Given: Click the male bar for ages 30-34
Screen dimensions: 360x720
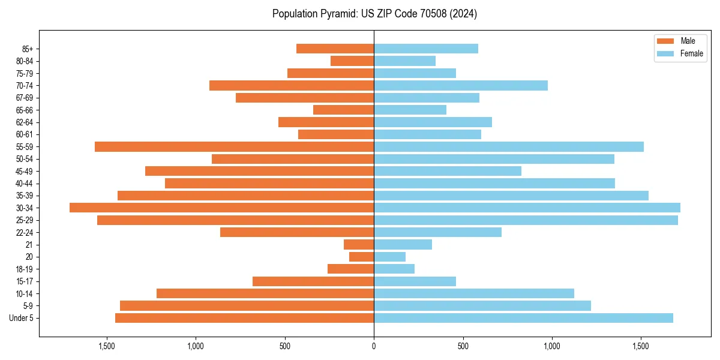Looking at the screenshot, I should point(221,208).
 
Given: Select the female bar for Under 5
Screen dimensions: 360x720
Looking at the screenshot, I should point(523,318).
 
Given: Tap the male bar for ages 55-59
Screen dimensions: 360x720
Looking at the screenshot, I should point(234,146).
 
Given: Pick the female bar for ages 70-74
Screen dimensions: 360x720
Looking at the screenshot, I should point(461,85).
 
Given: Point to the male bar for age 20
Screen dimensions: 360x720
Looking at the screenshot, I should point(361,257).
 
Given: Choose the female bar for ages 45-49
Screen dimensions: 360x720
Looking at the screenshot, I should point(448,171).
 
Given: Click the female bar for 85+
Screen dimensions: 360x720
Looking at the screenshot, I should point(426,49).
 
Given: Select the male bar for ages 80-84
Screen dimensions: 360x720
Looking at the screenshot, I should point(352,61).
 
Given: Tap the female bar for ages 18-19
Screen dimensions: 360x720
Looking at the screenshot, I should point(394,269).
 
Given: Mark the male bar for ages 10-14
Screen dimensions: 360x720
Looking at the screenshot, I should point(265,293).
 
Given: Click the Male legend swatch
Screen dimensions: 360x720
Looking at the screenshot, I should point(665,41).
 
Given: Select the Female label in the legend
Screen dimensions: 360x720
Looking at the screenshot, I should point(691,53).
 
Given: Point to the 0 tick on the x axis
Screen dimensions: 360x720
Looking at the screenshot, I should point(374,346).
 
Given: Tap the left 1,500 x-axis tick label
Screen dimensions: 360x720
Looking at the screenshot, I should point(106,346).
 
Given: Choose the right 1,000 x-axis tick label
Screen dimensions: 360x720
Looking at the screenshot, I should point(551,346).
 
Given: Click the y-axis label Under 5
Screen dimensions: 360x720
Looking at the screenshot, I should point(21,318).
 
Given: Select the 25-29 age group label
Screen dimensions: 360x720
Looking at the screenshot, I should point(24,220).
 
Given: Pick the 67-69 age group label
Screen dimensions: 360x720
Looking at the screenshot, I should point(24,98).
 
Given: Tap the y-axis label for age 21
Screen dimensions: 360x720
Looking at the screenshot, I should point(29,245).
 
